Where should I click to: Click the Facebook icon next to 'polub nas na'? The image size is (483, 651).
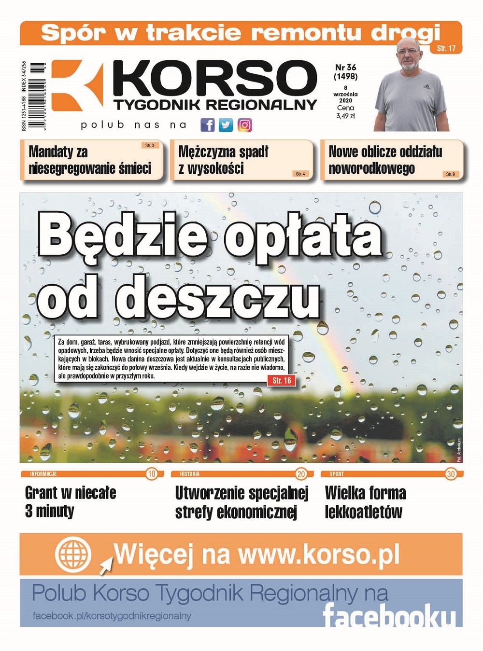click(x=207, y=125)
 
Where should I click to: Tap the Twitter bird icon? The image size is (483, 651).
click(x=226, y=125)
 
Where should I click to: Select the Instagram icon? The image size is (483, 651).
click(x=244, y=125)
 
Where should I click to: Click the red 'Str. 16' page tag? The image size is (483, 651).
click(x=282, y=380)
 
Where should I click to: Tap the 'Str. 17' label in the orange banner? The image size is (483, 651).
click(x=446, y=48)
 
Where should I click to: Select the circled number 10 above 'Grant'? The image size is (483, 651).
click(x=151, y=474)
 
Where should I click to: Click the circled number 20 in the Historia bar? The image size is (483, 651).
click(x=301, y=474)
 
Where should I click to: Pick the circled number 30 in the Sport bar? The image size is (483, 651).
click(x=451, y=474)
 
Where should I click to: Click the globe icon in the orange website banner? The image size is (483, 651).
click(x=73, y=554)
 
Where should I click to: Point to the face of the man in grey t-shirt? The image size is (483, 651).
click(x=409, y=52)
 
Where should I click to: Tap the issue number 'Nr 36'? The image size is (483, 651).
click(x=345, y=68)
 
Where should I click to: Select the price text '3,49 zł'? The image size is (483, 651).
click(x=345, y=116)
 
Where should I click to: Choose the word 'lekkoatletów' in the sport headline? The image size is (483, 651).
click(x=363, y=512)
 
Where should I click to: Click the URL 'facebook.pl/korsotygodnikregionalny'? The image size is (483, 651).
click(x=112, y=616)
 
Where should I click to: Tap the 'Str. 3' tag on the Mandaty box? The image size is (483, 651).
click(x=150, y=145)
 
